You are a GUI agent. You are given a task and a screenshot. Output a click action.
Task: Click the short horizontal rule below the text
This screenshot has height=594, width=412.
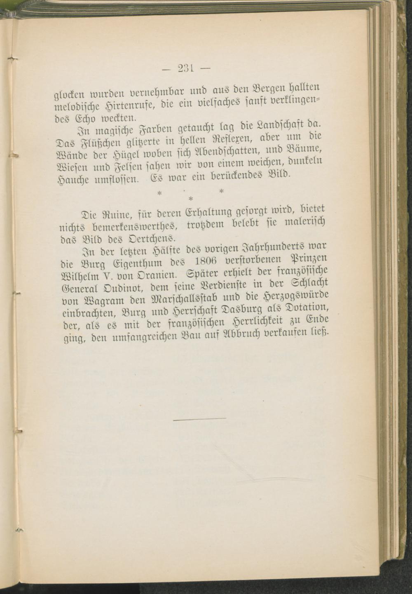(200, 419)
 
